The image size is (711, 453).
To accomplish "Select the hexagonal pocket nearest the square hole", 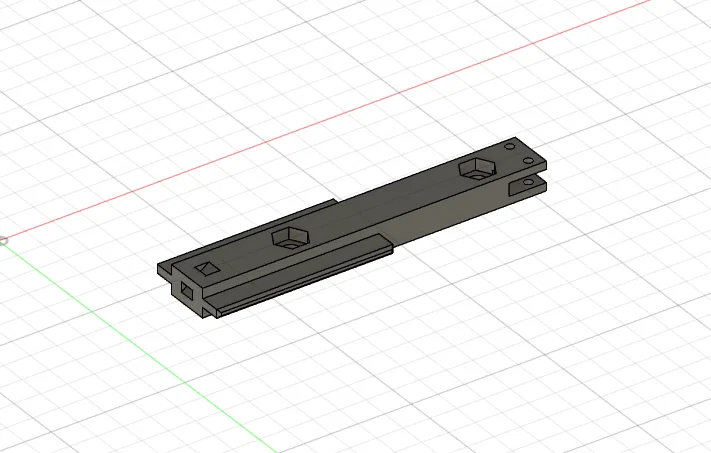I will [x=289, y=238].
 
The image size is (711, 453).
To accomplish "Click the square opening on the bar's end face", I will [x=187, y=291].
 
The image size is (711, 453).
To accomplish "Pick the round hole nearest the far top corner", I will [x=510, y=146].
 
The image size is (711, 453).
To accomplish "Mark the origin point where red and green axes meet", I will [x=3, y=240].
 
